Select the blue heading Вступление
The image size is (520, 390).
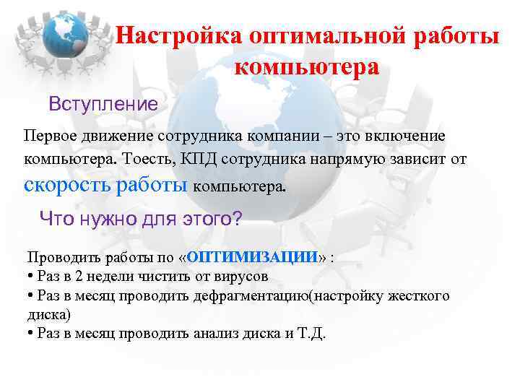click(103, 104)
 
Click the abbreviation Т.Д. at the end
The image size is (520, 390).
click(311, 334)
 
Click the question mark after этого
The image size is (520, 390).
click(238, 218)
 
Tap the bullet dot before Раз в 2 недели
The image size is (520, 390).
click(30, 277)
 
